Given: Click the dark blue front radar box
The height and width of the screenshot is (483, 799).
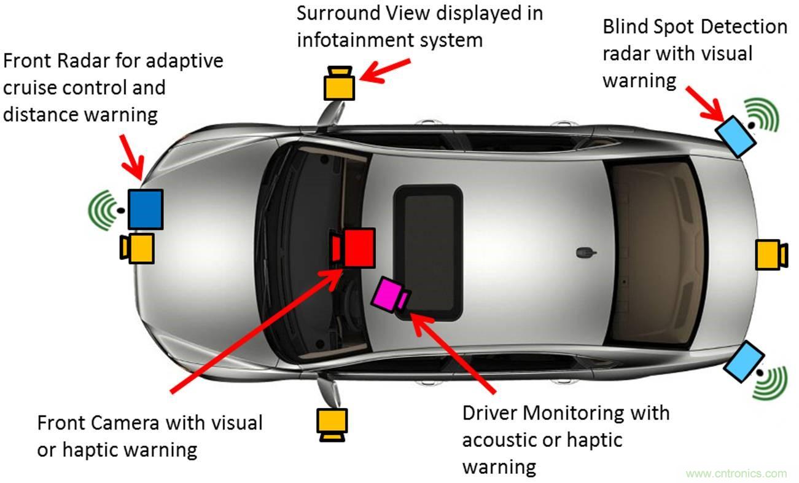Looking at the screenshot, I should pos(146,210).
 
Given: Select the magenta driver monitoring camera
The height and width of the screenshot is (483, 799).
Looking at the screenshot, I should pos(391,295).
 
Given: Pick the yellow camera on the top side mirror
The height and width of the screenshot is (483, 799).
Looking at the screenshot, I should pos(339,84).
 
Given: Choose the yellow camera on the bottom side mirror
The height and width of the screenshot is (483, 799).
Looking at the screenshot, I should pos(332,424).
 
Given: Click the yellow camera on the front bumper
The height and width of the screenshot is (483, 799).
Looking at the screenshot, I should pos(137,248).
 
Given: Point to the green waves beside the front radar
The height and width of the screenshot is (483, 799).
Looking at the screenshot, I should pos(103,210).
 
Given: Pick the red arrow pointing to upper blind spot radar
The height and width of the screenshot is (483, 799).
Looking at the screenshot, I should pos(705,103).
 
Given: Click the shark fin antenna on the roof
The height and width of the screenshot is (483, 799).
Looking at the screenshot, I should pos(584,252).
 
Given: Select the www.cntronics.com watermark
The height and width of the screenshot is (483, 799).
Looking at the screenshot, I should pos(736,474).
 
